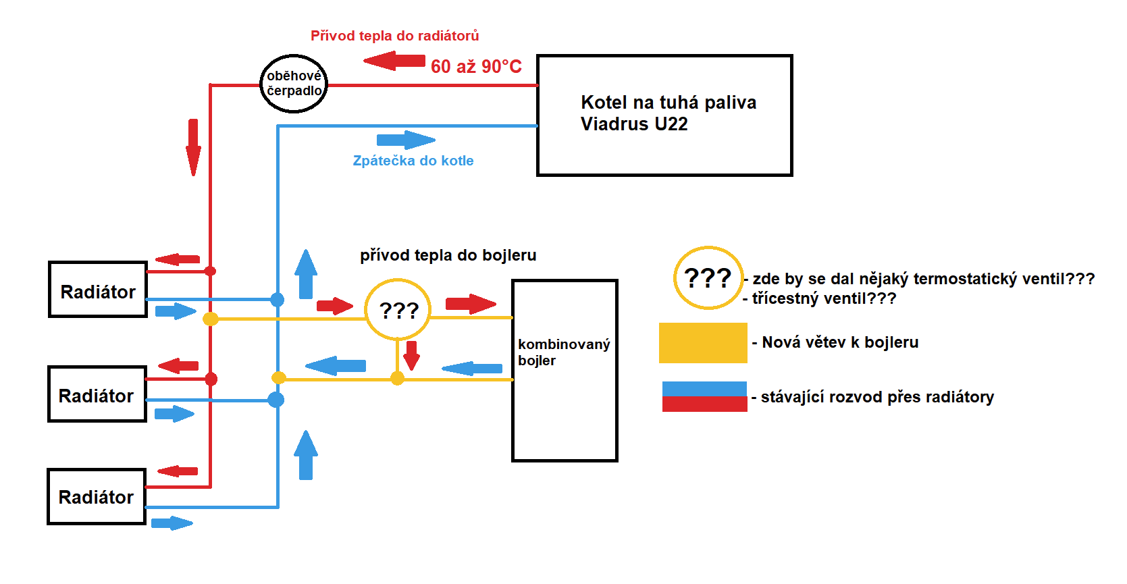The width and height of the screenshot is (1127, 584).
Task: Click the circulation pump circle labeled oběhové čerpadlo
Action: pyautogui.click(x=294, y=84)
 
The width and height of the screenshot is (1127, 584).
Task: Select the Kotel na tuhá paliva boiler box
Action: pyautogui.click(x=664, y=115)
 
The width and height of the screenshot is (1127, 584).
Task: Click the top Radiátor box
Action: pyautogui.click(x=98, y=290)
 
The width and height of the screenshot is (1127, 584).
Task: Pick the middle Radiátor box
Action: pyautogui.click(x=97, y=394)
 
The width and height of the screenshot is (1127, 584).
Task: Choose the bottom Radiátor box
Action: pyautogui.click(x=97, y=497)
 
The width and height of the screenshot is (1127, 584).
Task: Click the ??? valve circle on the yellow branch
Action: pyautogui.click(x=398, y=310)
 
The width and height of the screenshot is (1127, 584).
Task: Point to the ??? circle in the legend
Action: pyautogui.click(x=708, y=277)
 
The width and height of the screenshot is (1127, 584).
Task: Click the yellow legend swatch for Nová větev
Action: pyautogui.click(x=703, y=343)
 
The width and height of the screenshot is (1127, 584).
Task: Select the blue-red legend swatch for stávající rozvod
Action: pyautogui.click(x=704, y=396)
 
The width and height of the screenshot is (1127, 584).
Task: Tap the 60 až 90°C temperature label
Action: pyautogui.click(x=476, y=67)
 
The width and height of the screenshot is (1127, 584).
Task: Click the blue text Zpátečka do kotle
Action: pyautogui.click(x=413, y=161)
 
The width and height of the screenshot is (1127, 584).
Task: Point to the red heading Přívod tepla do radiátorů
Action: pyautogui.click(x=394, y=36)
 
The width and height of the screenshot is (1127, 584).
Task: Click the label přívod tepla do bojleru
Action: pyautogui.click(x=448, y=255)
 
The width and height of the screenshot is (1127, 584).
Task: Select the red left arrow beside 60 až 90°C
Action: pyautogui.click(x=394, y=61)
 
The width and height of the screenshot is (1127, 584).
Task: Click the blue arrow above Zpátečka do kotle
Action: pyautogui.click(x=405, y=140)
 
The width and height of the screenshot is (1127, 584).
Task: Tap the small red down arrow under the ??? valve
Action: pyautogui.click(x=412, y=355)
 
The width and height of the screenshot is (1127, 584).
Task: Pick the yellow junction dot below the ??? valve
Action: pyautogui.click(x=398, y=379)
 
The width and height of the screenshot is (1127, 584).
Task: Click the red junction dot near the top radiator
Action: pyautogui.click(x=210, y=271)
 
